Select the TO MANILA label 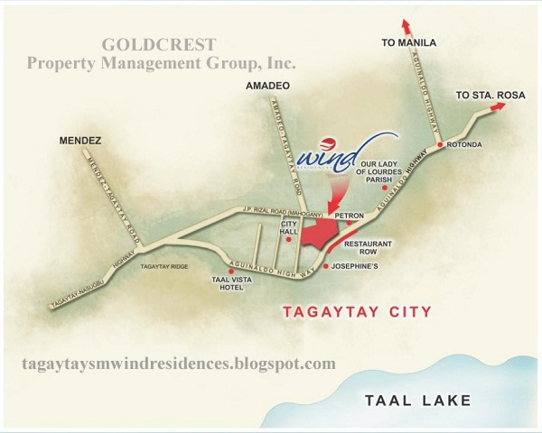coord(409,42)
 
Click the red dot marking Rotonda coord(439,144)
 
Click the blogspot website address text coord(177,364)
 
